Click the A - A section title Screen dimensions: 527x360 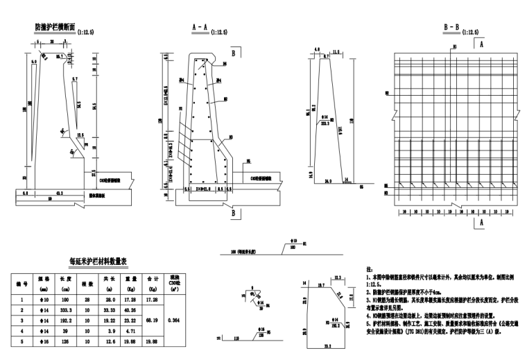[x=200, y=28]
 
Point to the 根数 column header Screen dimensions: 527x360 [x=87, y=284]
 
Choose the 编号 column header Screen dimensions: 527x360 [x=21, y=284]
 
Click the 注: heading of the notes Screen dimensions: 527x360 [x=368, y=267]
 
